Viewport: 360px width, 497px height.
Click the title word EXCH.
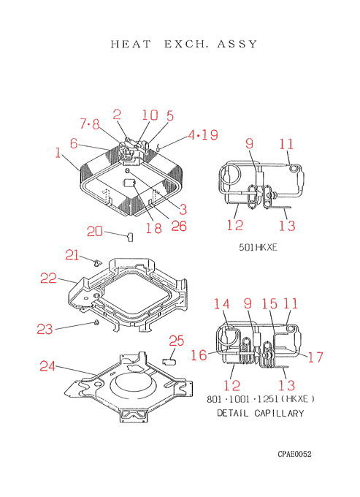click(186, 44)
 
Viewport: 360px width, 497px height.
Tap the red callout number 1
click(58, 153)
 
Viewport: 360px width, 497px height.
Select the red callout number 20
click(95, 232)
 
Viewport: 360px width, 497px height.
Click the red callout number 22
click(48, 278)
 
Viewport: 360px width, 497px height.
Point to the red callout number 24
click(47, 366)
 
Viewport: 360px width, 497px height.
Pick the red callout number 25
click(177, 341)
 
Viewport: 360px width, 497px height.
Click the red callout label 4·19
click(203, 134)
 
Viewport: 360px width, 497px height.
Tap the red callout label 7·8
click(90, 124)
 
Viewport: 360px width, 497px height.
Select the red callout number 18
click(153, 227)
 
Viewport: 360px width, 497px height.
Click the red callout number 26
click(179, 226)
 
